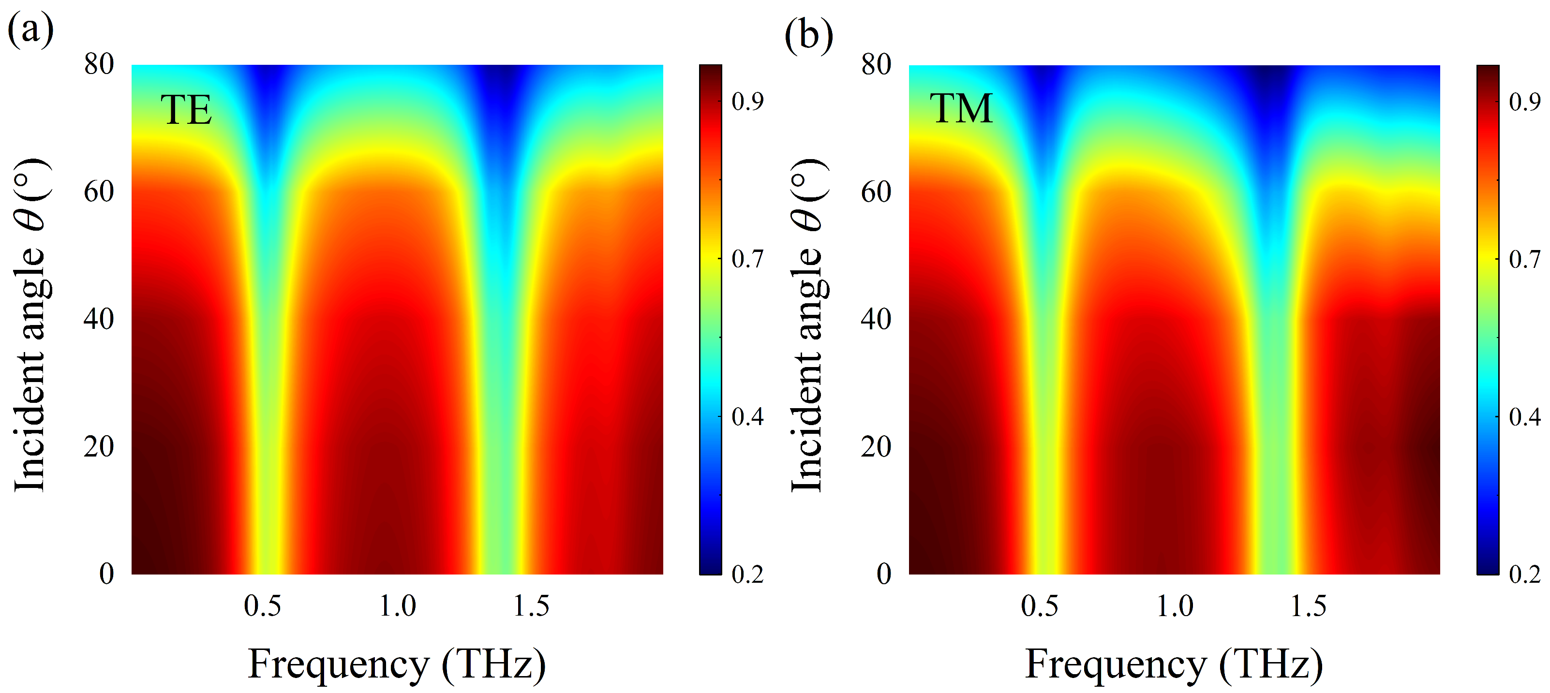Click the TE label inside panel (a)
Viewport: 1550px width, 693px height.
[x=186, y=110]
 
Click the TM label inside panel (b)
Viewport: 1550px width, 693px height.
[x=961, y=109]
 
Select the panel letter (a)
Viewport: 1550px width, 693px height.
[x=30, y=30]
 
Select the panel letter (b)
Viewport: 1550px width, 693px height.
[x=809, y=35]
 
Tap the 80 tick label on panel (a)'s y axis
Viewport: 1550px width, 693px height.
[x=99, y=64]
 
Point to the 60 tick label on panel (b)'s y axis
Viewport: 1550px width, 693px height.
[x=876, y=192]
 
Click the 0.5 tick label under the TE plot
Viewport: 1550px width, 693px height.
[x=262, y=606]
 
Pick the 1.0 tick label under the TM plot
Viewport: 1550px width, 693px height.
[x=1175, y=606]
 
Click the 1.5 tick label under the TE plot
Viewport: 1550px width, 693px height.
[x=531, y=606]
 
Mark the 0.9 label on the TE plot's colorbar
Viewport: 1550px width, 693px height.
[x=747, y=102]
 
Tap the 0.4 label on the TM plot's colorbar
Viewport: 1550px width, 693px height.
[x=1525, y=416]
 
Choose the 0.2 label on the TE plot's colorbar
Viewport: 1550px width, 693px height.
[x=747, y=575]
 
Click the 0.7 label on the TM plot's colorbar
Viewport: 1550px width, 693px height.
[x=1525, y=259]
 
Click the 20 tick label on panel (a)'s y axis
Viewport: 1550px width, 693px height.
[x=99, y=446]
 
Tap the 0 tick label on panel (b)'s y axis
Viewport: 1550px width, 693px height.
[x=883, y=574]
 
